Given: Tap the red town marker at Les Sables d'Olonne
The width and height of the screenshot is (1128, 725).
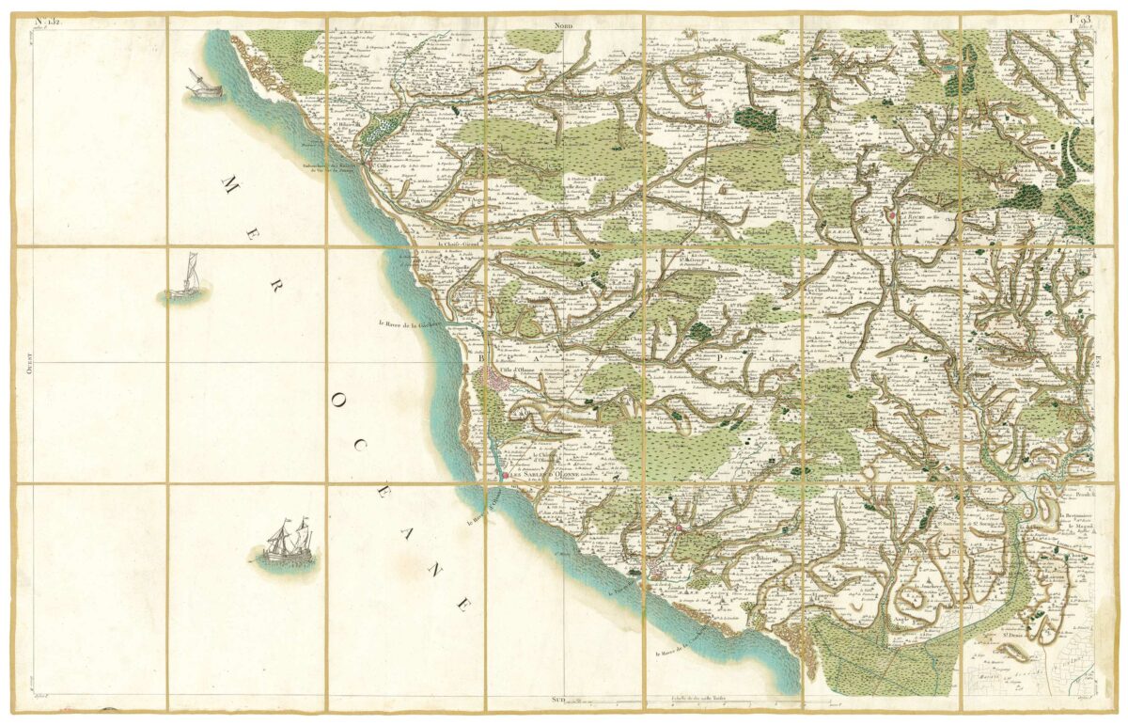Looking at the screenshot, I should pos(505,476).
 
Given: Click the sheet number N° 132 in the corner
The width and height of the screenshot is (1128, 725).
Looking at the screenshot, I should pos(47,20).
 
